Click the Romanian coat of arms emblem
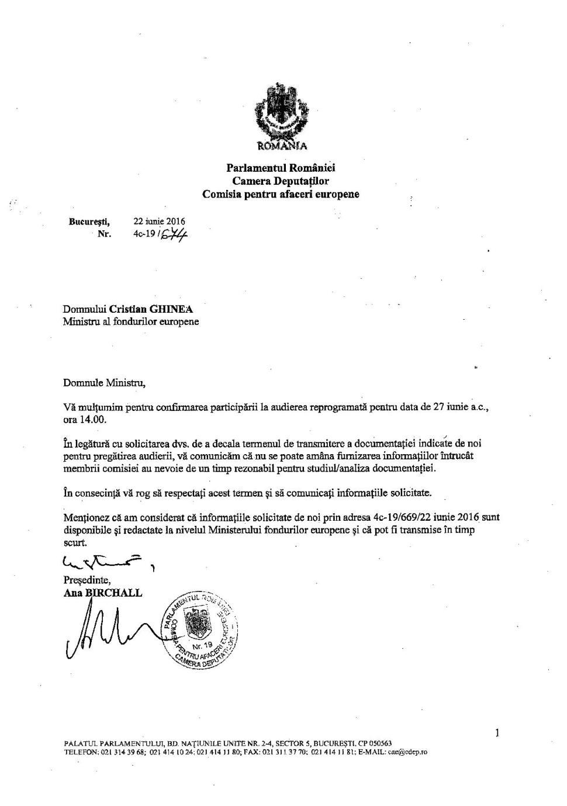point(281,112)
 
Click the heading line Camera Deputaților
point(281,181)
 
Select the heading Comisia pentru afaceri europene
point(281,194)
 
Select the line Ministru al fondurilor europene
point(131,322)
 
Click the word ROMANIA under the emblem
point(281,146)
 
